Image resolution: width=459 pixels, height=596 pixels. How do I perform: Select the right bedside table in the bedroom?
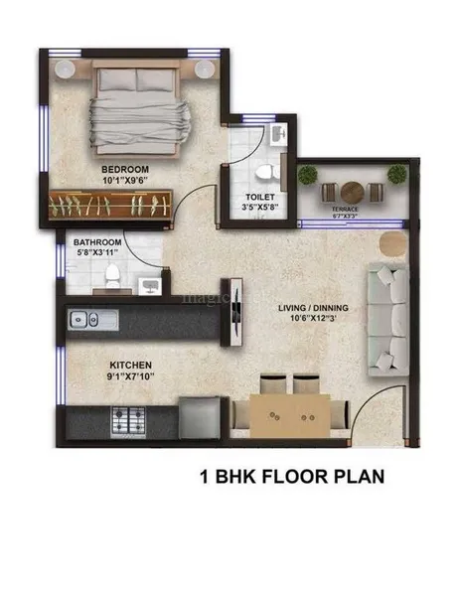[207, 68]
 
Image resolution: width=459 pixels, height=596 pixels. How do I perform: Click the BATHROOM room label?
[97, 242]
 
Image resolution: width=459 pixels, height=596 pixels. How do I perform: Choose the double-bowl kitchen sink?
[80, 320]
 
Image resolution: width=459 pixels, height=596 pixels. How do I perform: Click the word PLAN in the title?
[356, 477]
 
